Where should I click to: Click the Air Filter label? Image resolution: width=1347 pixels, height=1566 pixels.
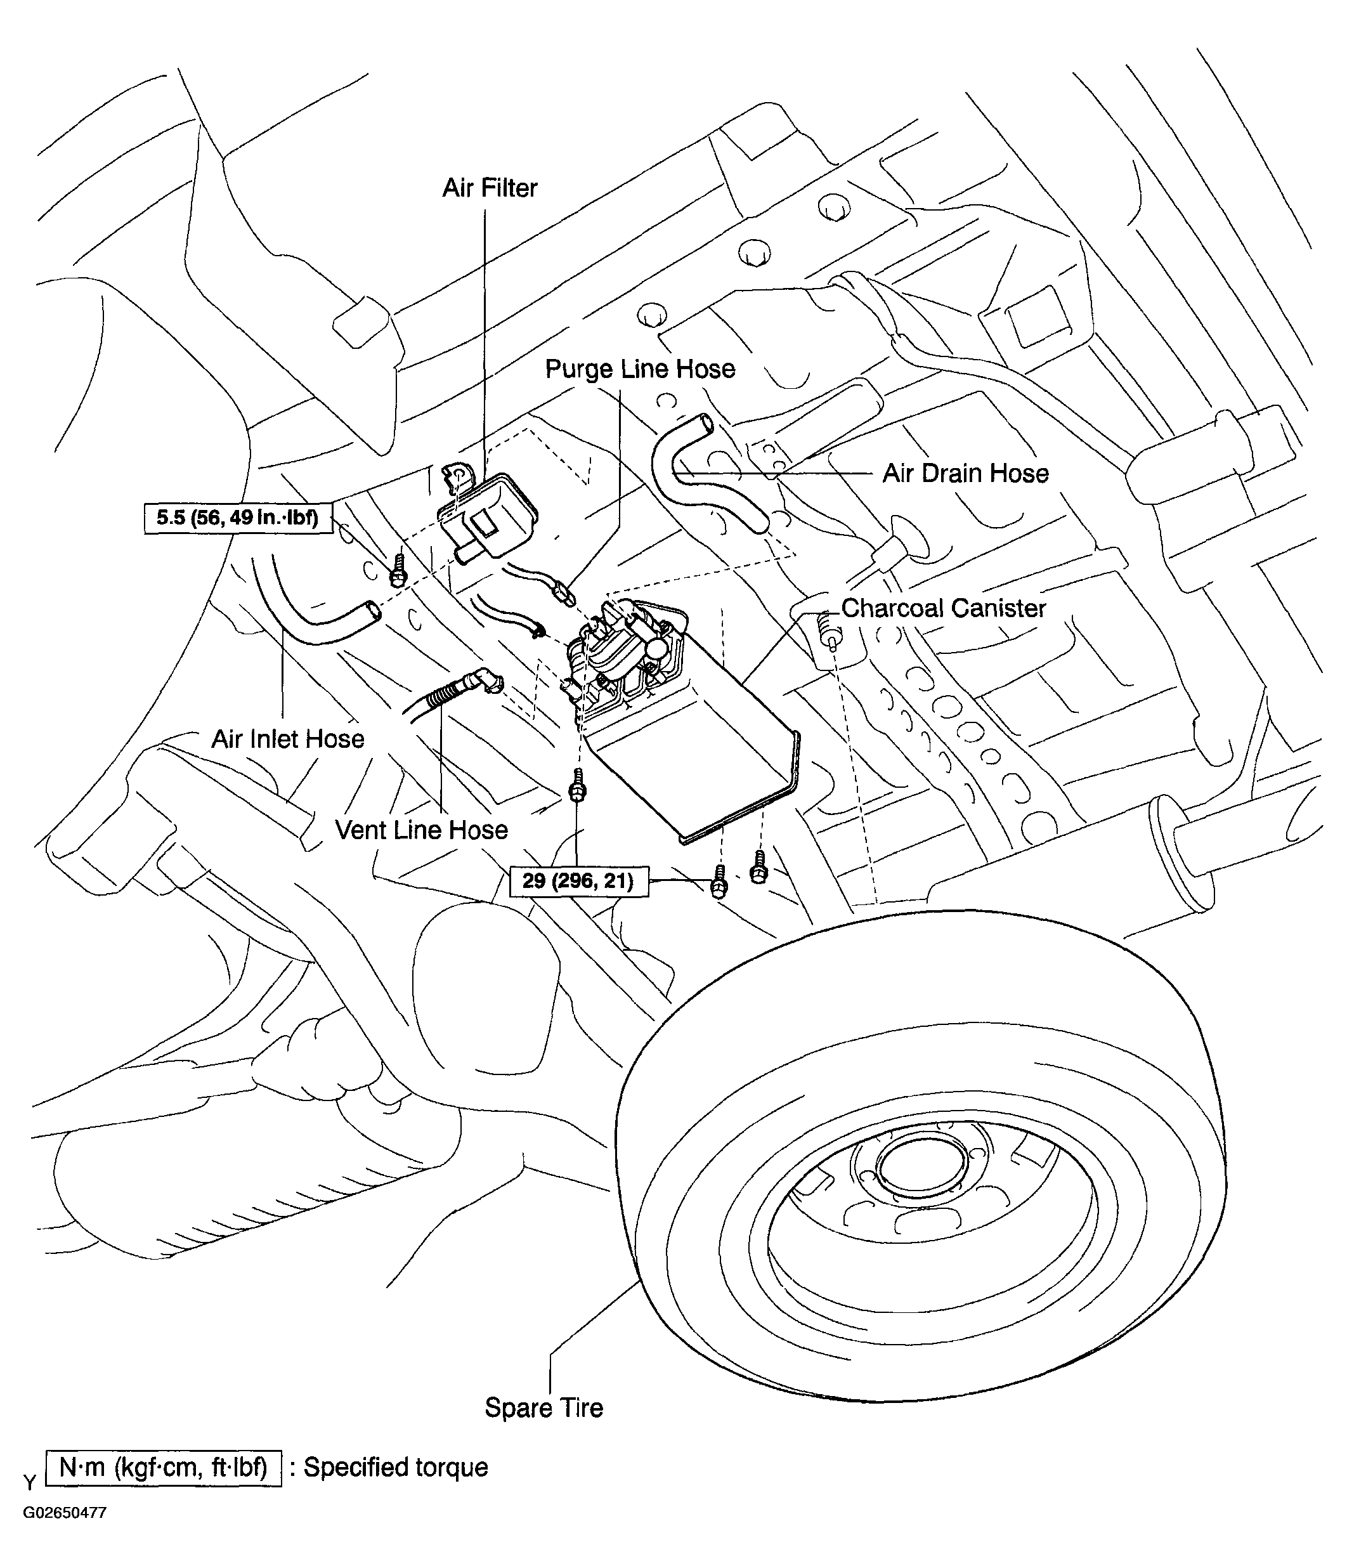[x=490, y=188]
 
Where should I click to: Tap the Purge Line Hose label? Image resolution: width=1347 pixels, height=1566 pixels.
[x=641, y=370]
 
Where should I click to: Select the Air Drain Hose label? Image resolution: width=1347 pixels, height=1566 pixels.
[x=966, y=473]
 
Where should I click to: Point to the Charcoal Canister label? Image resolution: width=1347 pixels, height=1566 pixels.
[x=944, y=608]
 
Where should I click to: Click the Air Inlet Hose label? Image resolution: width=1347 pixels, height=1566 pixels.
[x=288, y=738]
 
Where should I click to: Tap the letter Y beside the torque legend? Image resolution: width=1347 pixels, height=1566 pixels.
[x=29, y=1482]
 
